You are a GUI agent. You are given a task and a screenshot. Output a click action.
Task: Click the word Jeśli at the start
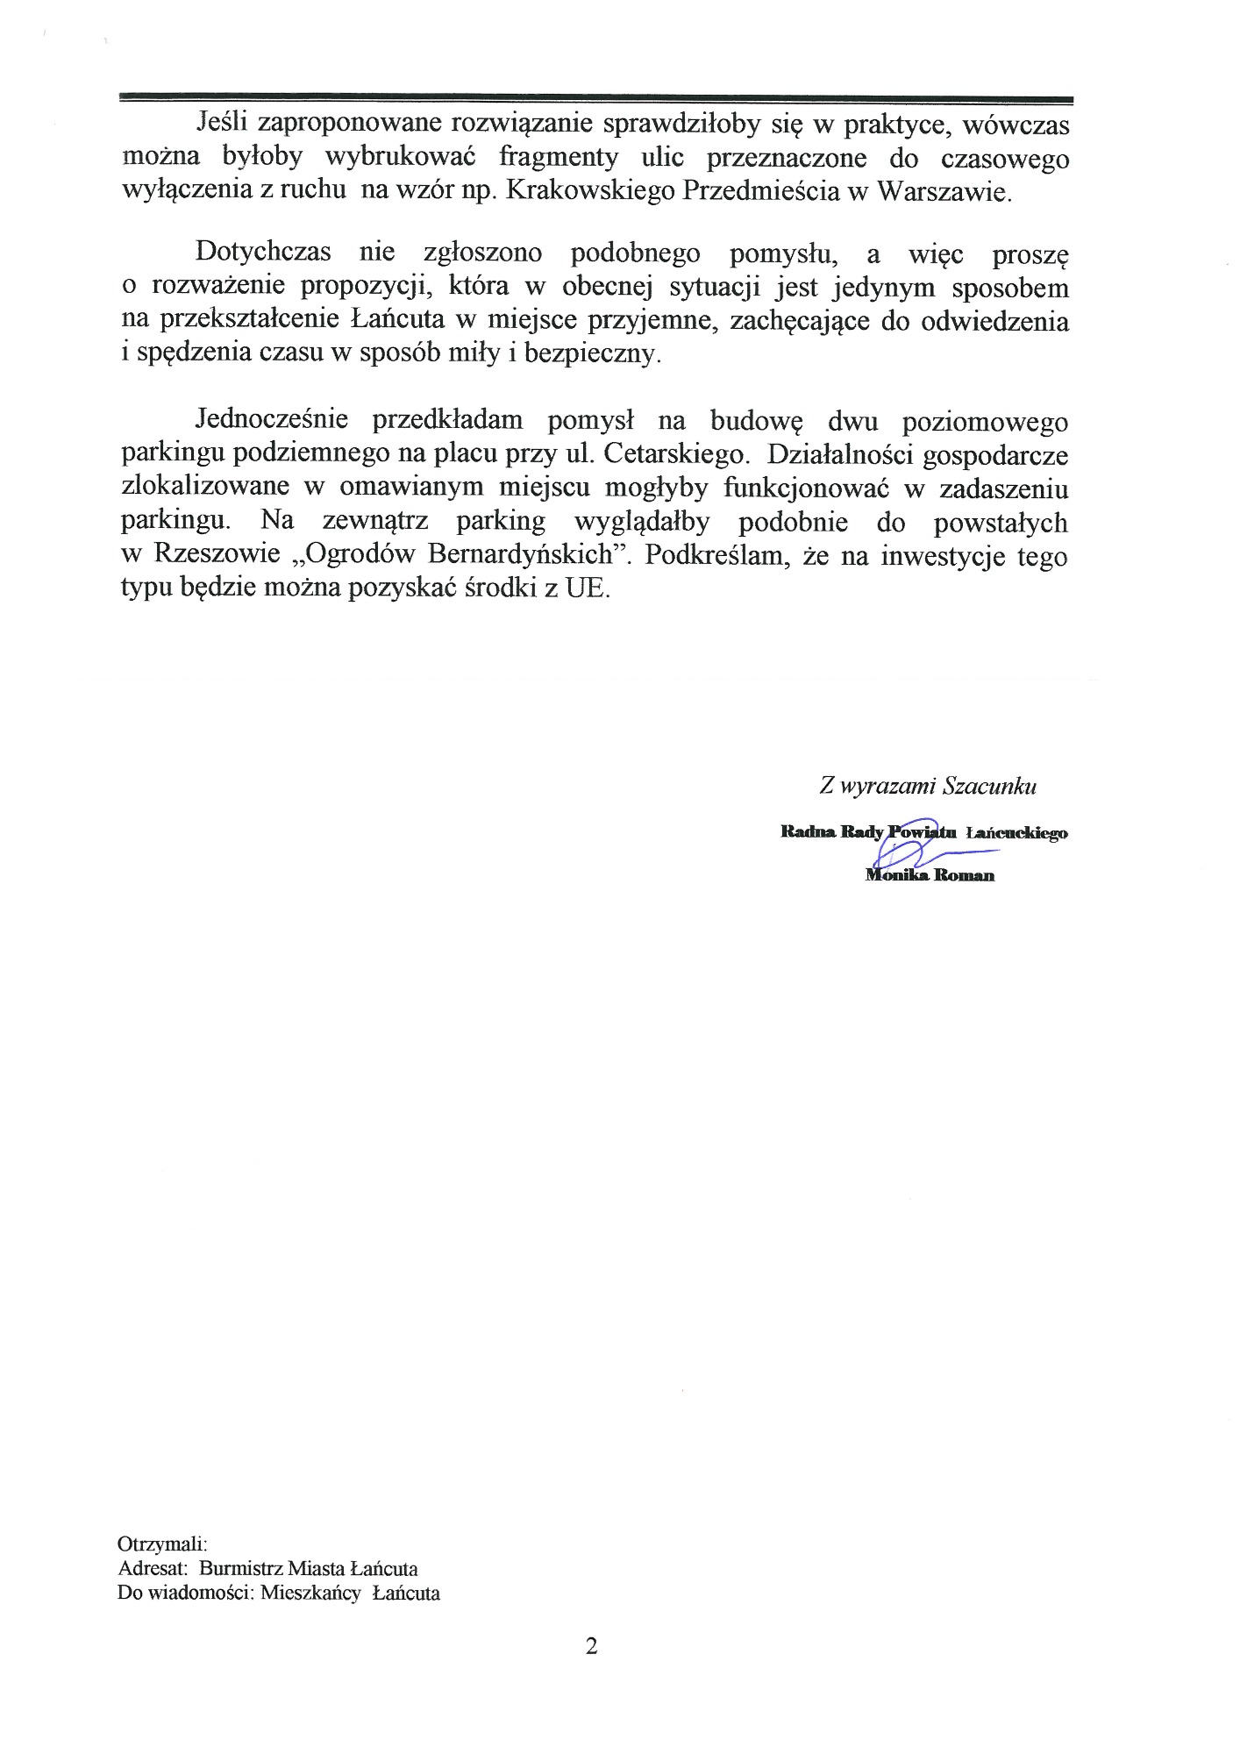click(x=221, y=125)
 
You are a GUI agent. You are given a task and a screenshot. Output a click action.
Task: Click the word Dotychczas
click(x=263, y=253)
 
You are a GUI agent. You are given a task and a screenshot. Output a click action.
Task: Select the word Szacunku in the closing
click(x=989, y=786)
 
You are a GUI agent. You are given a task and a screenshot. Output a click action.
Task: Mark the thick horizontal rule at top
click(x=596, y=99)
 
